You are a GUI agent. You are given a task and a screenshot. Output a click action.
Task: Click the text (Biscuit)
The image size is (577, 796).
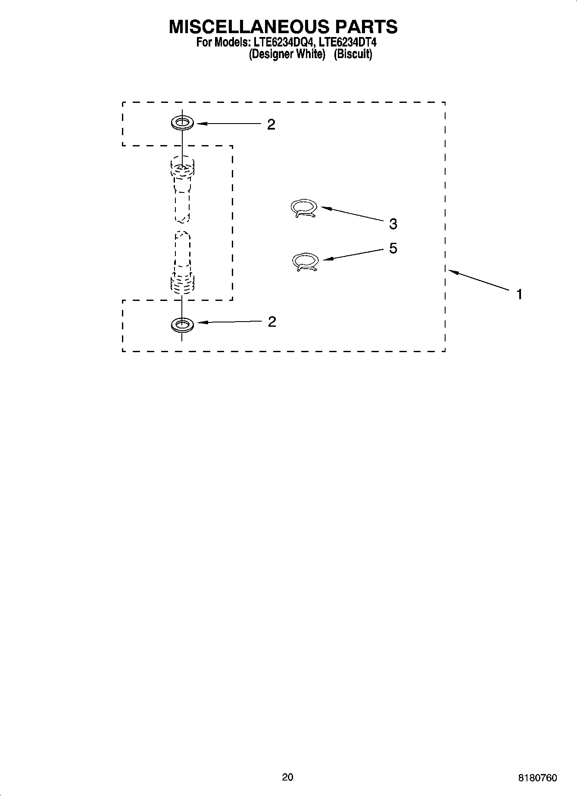pyautogui.click(x=352, y=54)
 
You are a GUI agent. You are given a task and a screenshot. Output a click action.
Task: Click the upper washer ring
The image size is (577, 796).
pyautogui.click(x=182, y=123)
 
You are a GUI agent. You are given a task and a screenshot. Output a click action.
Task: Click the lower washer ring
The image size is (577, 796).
pyautogui.click(x=182, y=325)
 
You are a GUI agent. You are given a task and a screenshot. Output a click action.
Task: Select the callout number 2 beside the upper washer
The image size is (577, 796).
pyautogui.click(x=271, y=124)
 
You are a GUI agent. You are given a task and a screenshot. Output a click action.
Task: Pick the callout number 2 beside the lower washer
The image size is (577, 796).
pyautogui.click(x=272, y=322)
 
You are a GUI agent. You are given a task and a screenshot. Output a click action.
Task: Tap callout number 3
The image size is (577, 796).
pyautogui.click(x=393, y=224)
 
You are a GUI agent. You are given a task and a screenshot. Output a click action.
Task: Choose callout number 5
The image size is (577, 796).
pyautogui.click(x=393, y=248)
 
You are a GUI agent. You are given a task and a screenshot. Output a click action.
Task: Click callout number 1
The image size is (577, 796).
pyautogui.click(x=520, y=294)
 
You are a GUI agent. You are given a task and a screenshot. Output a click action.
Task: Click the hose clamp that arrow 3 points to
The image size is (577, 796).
pyautogui.click(x=304, y=208)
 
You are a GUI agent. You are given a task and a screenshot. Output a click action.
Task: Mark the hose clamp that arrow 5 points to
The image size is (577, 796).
pyautogui.click(x=306, y=262)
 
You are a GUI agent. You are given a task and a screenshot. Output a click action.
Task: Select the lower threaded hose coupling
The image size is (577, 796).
pyautogui.click(x=182, y=282)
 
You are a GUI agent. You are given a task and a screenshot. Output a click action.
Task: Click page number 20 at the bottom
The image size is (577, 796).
pyautogui.click(x=287, y=777)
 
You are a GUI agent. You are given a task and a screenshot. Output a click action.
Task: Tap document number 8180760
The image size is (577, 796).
pyautogui.click(x=537, y=778)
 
